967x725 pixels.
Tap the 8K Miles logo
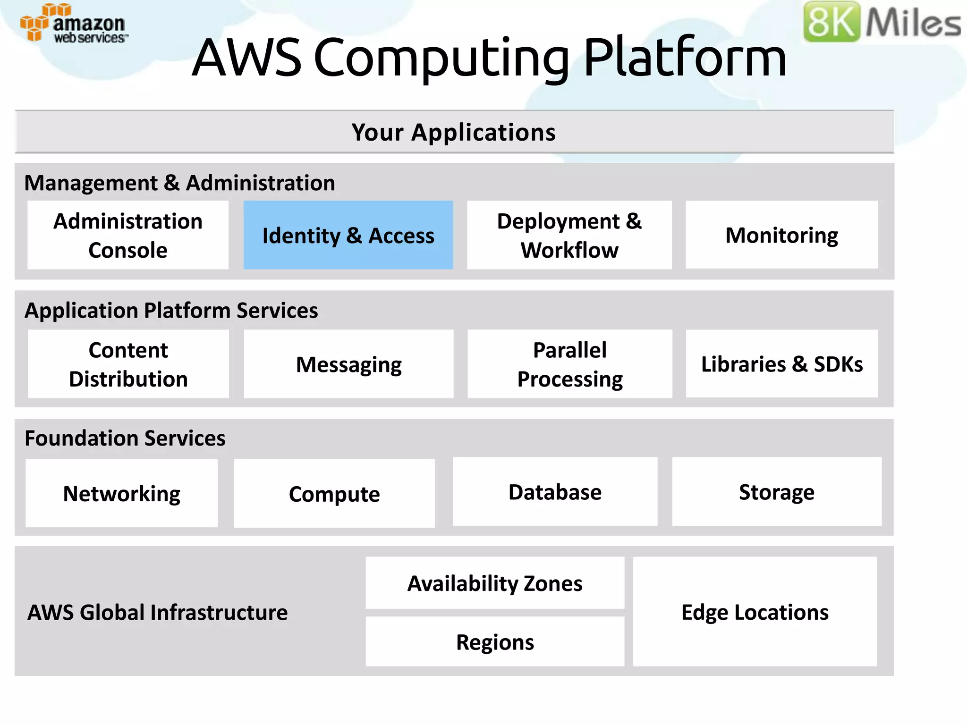[x=881, y=22]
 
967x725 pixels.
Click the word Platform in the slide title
[x=685, y=58]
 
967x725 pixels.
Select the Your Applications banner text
[x=454, y=132]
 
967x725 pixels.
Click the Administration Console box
[x=128, y=235]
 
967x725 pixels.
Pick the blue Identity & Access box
[x=348, y=235]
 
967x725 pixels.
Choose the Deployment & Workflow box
[x=569, y=235]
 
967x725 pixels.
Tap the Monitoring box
[x=781, y=235]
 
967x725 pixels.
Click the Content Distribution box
[x=128, y=364]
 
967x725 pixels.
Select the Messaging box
[x=348, y=364]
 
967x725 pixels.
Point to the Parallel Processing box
[x=569, y=364]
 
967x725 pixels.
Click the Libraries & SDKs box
[x=781, y=364]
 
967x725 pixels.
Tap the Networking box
[x=121, y=493]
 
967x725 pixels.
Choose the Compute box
[x=334, y=493]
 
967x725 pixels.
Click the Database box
[x=555, y=491]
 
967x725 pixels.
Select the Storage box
[x=777, y=491]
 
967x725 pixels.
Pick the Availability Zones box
[x=495, y=583]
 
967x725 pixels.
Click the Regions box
[x=495, y=642]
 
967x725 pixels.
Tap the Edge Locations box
[x=755, y=612]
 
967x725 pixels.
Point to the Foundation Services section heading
[x=125, y=438]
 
